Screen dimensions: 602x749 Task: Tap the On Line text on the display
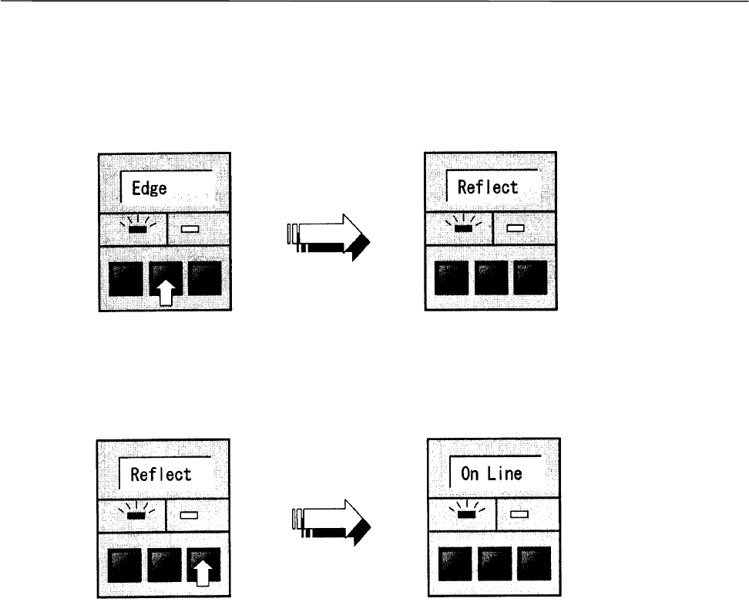[x=491, y=473]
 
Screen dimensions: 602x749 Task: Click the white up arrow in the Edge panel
[x=165, y=293]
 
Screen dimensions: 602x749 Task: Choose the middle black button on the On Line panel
[x=495, y=565]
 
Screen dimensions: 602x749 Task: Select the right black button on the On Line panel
[x=535, y=565]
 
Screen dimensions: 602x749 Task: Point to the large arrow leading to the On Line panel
[x=332, y=523]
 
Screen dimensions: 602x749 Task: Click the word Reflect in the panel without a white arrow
[x=488, y=187]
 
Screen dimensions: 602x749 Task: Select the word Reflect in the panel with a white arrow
[x=160, y=473]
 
